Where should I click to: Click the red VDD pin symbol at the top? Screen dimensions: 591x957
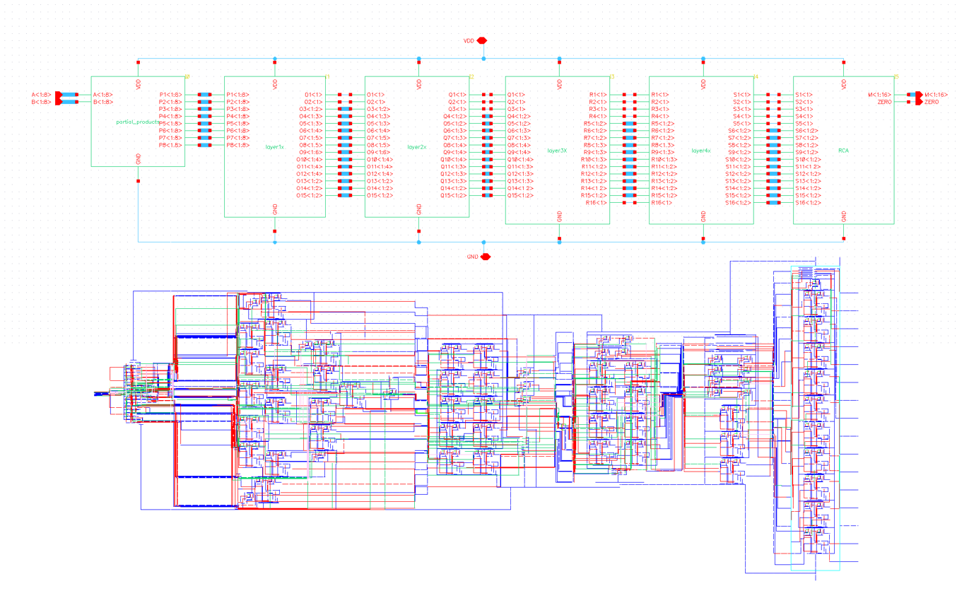[483, 41]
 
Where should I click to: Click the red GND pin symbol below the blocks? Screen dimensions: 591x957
[485, 257]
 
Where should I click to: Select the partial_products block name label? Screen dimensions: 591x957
[139, 122]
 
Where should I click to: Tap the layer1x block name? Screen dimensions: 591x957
[274, 147]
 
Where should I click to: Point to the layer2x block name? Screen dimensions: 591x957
[417, 147]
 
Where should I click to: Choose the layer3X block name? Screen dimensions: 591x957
[557, 151]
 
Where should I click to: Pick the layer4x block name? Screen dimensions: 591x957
[701, 151]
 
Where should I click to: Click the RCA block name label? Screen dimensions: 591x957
[843, 151]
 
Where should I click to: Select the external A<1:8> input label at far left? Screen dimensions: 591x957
[41, 95]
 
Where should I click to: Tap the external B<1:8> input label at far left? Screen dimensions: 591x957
[41, 102]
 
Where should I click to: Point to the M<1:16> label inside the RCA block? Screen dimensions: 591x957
[879, 95]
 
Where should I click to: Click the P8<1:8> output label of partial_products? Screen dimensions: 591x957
[170, 145]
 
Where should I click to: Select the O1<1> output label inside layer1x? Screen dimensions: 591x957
[313, 95]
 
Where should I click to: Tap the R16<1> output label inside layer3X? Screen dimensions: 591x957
[597, 203]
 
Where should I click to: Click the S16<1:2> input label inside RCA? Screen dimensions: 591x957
[808, 203]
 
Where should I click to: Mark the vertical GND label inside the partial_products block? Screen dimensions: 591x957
[139, 158]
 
